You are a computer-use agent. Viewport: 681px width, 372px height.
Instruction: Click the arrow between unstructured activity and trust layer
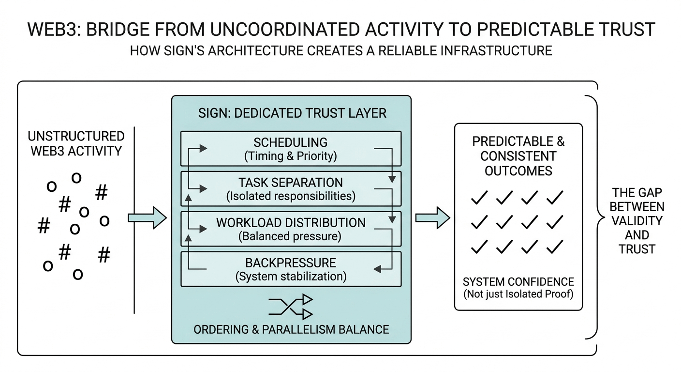coord(147,218)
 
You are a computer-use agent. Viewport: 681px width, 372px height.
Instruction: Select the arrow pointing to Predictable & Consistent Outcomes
coord(432,218)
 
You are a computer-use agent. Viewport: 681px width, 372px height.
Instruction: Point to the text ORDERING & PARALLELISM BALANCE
coord(291,329)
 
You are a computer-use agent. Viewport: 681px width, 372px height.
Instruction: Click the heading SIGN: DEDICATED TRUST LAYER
coord(292,113)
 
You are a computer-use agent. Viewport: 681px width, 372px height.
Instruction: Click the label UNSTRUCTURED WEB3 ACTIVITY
coord(76,143)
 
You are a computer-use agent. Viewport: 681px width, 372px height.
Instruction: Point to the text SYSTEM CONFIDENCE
coord(518,282)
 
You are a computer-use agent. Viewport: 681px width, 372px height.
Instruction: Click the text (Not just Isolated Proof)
coord(518,294)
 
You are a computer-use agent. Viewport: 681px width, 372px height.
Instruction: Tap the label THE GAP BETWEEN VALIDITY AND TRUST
coord(637,221)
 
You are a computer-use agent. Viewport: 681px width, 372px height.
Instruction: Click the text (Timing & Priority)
coord(291,156)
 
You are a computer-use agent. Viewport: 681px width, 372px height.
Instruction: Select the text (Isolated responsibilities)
coord(291,196)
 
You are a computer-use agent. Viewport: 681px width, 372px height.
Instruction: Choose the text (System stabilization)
coord(291,277)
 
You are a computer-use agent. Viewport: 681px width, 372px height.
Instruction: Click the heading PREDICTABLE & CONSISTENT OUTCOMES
coord(518,156)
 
